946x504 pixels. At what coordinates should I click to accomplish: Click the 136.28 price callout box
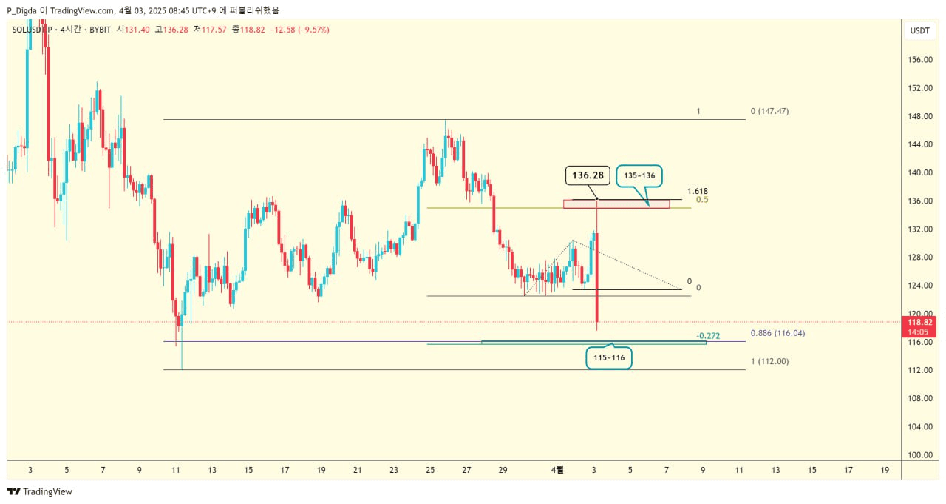pyautogui.click(x=588, y=175)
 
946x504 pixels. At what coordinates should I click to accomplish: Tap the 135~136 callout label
pyautogui.click(x=640, y=176)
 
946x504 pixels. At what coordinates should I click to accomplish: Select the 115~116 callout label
pyautogui.click(x=608, y=357)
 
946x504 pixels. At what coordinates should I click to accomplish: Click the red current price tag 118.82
pyautogui.click(x=919, y=322)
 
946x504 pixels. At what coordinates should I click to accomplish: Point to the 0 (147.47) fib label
pyautogui.click(x=769, y=111)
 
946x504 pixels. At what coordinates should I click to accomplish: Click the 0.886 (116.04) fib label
pyautogui.click(x=777, y=333)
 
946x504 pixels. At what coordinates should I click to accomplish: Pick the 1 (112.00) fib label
pyautogui.click(x=769, y=361)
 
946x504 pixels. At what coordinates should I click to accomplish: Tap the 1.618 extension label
pyautogui.click(x=697, y=191)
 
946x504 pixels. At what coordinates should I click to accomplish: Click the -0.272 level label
pyautogui.click(x=708, y=335)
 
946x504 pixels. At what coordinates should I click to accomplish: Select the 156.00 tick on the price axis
pyautogui.click(x=919, y=60)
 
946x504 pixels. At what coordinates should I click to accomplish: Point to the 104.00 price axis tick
pyautogui.click(x=919, y=426)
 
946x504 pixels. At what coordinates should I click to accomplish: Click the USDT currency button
pyautogui.click(x=919, y=30)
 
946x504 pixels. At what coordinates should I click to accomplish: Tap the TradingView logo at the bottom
pyautogui.click(x=40, y=491)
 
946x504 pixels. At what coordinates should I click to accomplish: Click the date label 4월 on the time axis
pyautogui.click(x=558, y=469)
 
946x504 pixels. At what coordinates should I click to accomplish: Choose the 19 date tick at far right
pyautogui.click(x=885, y=469)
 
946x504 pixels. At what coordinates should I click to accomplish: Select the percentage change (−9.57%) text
pyautogui.click(x=311, y=30)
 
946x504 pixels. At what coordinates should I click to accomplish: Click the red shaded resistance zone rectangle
pyautogui.click(x=616, y=204)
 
